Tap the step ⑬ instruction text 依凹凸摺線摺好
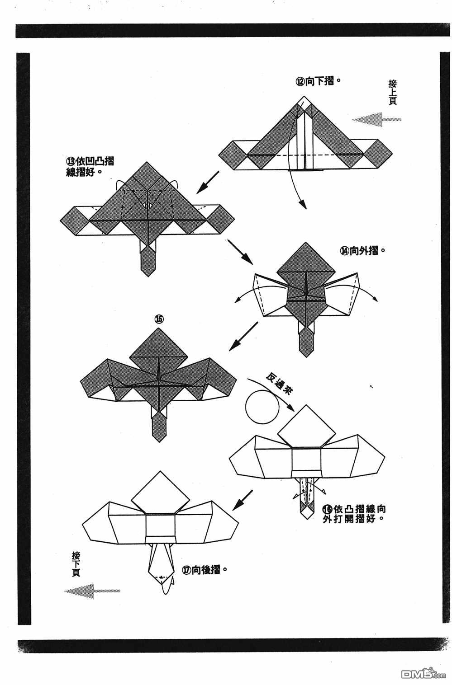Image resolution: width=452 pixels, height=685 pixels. tap(90, 166)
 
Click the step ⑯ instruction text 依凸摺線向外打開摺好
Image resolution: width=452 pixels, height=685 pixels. tap(354, 513)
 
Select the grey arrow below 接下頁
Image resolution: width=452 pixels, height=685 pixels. tap(92, 591)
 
